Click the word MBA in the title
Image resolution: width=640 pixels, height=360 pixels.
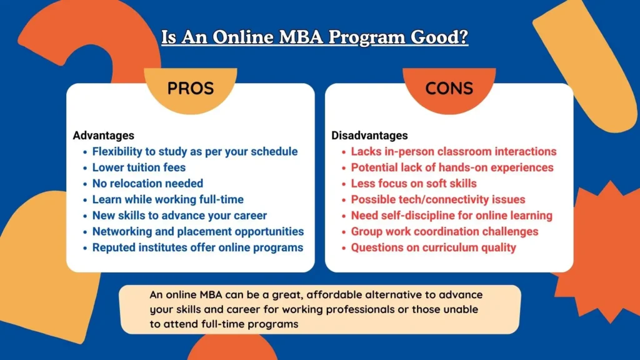(301, 37)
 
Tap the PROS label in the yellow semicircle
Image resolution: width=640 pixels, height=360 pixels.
(191, 88)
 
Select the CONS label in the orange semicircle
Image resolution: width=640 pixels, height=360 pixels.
(449, 88)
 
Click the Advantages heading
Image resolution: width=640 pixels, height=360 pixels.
(103, 136)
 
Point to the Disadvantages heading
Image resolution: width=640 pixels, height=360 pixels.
(369, 136)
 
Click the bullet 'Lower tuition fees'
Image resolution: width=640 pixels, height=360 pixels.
(139, 167)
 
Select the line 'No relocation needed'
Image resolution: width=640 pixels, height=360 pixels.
(147, 183)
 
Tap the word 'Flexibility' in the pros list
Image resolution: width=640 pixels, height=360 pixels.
(117, 151)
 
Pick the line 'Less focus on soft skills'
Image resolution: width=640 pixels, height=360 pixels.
(414, 183)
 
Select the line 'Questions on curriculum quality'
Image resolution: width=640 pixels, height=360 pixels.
(434, 247)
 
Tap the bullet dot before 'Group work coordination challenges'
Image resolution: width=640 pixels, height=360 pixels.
(344, 232)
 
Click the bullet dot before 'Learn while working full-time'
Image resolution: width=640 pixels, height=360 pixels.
(85, 200)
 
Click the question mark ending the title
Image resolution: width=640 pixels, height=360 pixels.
(463, 37)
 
